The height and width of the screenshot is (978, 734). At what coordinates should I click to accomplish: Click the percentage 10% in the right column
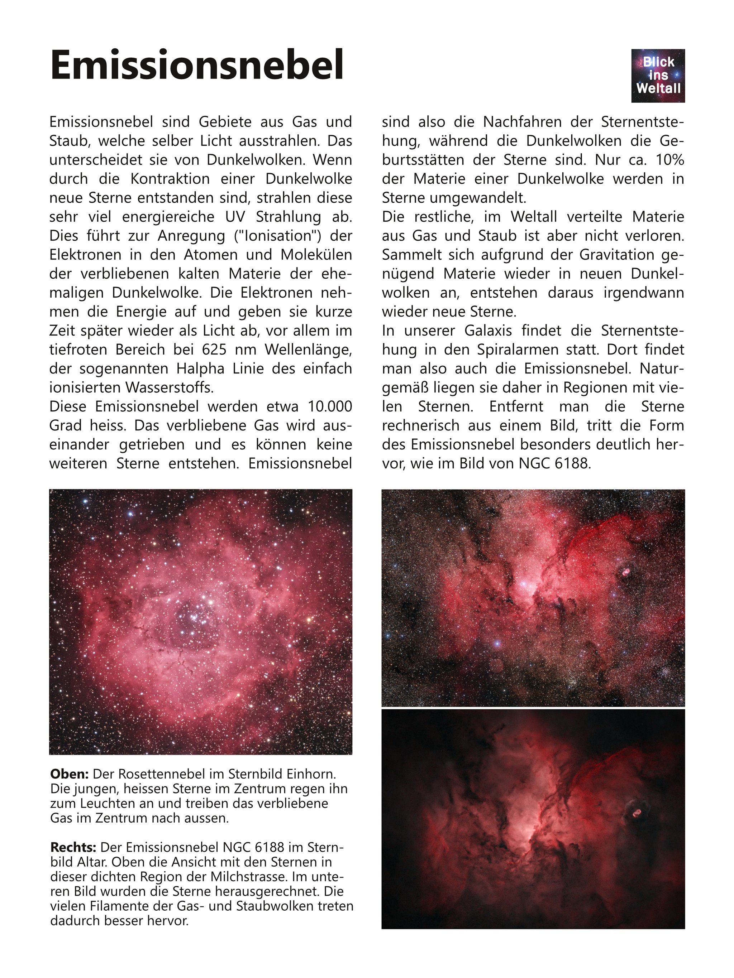(x=669, y=160)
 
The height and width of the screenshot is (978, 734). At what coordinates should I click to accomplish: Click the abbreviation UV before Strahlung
(x=235, y=217)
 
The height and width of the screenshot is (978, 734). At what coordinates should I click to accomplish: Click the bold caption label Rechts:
(x=73, y=847)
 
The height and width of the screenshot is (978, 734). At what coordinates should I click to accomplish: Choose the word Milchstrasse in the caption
(x=274, y=876)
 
